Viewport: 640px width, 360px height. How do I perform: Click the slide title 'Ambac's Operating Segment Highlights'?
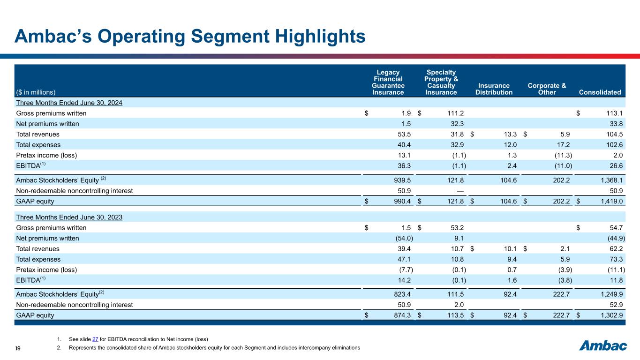tap(190, 36)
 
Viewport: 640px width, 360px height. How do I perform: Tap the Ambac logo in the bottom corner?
tap(603, 346)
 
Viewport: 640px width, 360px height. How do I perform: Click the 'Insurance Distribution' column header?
tap(493, 89)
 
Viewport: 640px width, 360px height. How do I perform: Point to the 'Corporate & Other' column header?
tap(547, 89)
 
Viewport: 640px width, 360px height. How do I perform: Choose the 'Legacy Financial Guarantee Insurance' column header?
tap(388, 82)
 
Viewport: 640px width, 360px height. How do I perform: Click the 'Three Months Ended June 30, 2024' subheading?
tap(69, 103)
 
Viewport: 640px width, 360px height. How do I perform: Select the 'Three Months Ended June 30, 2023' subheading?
tap(69, 217)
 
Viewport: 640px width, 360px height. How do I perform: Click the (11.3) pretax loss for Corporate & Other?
tap(561, 155)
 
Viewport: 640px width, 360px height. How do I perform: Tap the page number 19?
tap(17, 348)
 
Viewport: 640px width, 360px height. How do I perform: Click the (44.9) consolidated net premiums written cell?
tap(614, 238)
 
